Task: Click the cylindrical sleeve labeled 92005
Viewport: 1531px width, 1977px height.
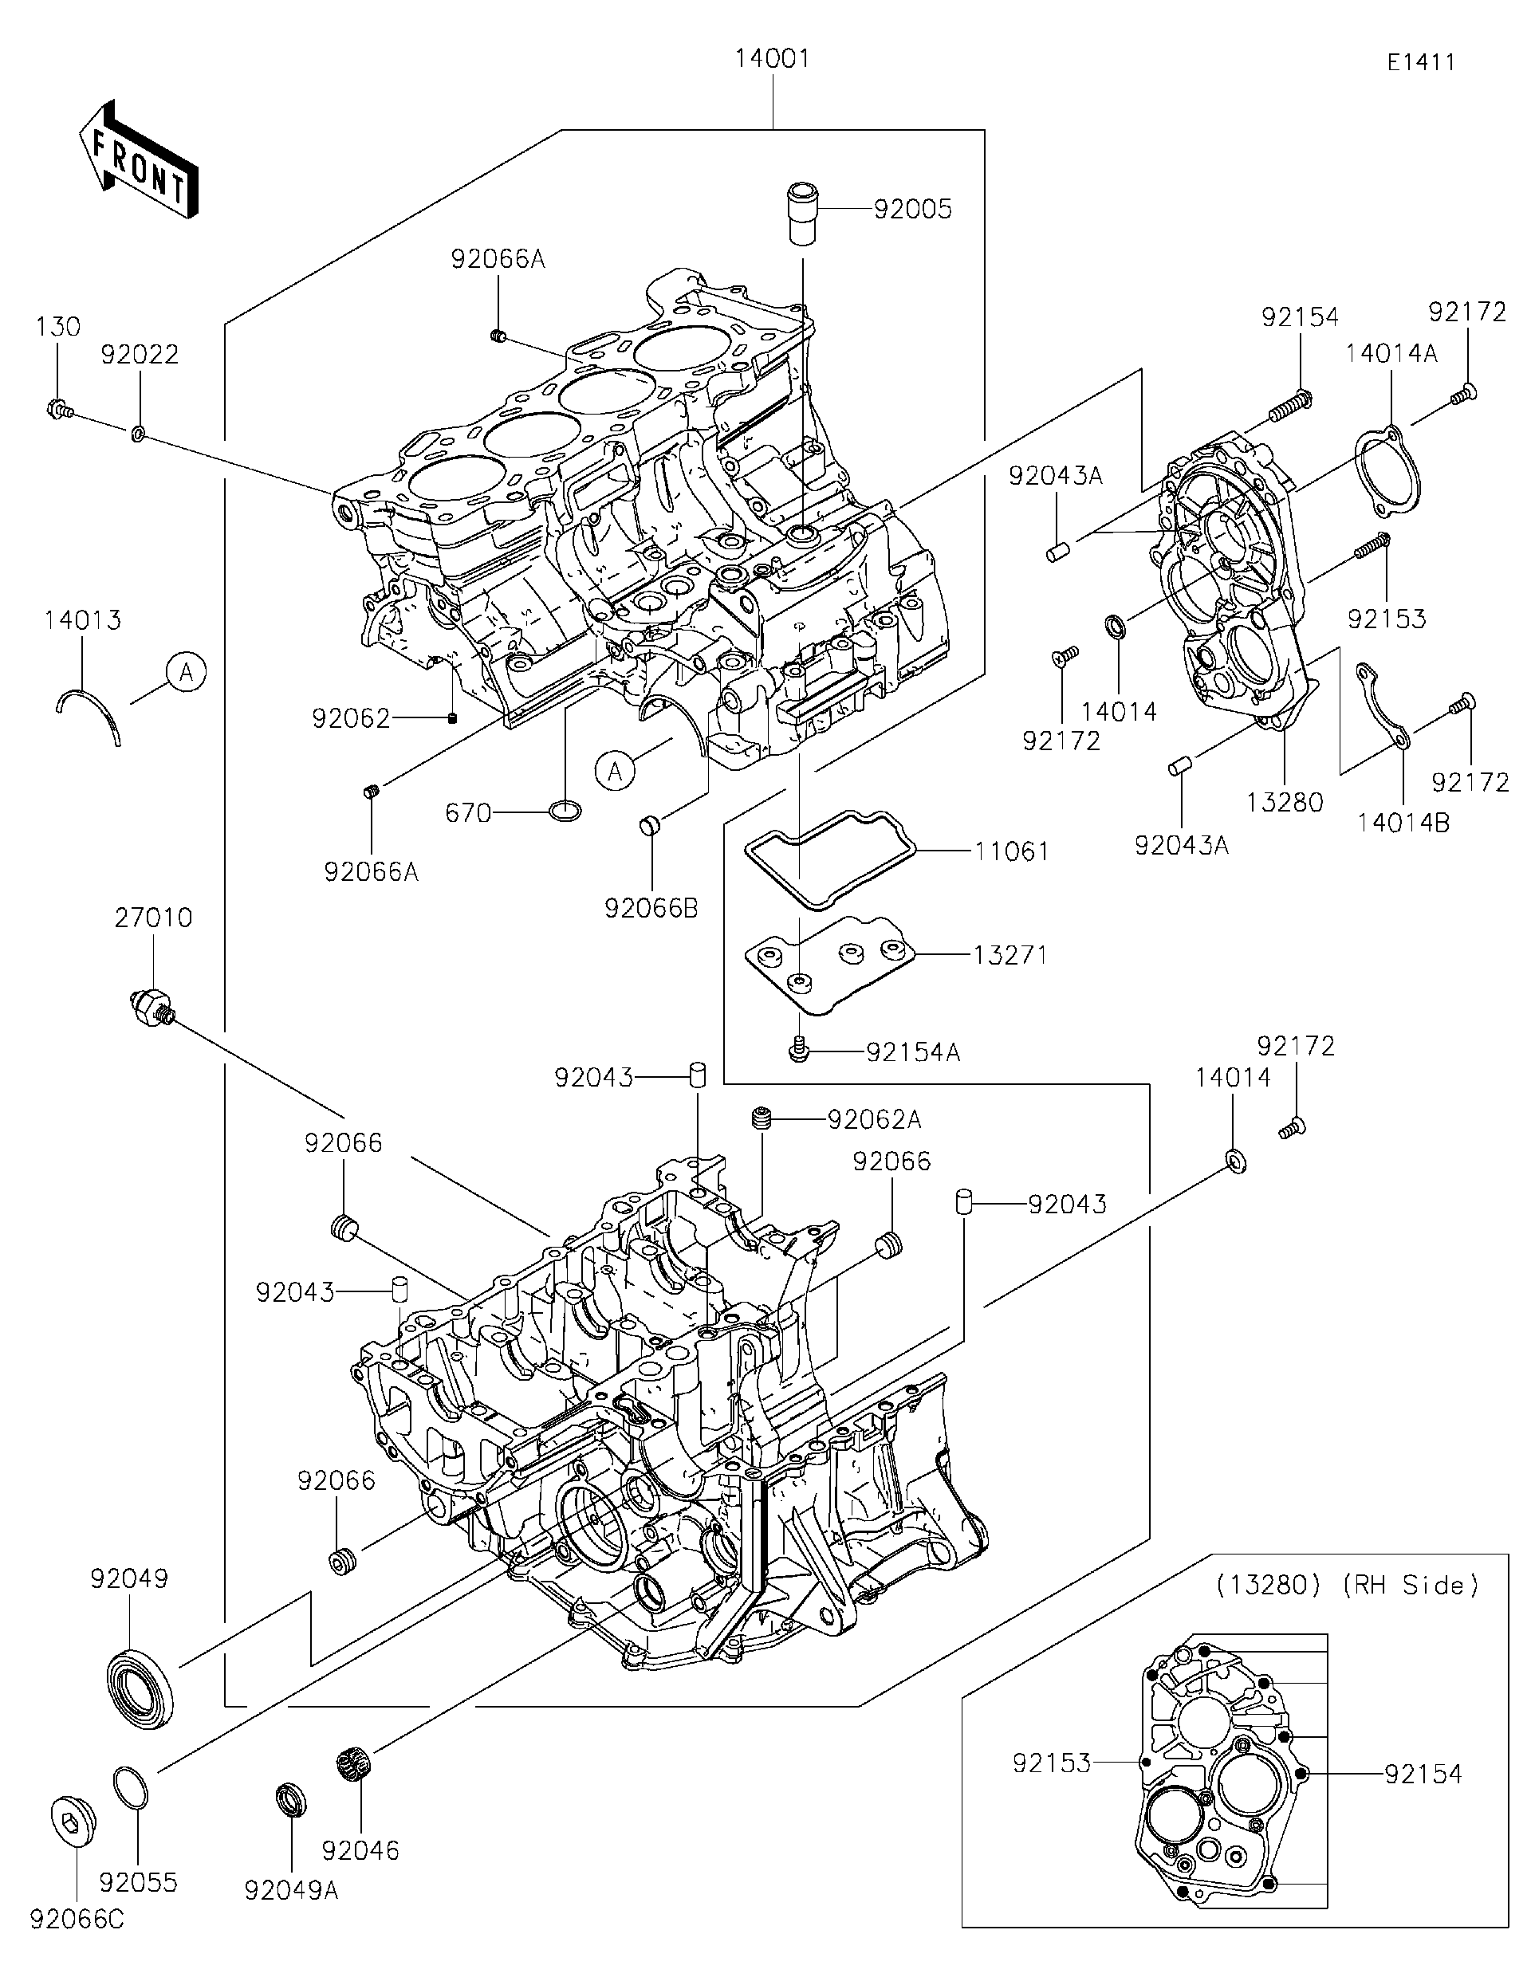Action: pos(802,214)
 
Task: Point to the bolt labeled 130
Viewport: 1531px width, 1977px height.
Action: pos(58,410)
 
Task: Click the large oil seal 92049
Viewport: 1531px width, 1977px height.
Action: pos(141,1690)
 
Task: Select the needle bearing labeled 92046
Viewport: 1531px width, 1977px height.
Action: pos(355,1764)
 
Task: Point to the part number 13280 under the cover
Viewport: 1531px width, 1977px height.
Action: pos(1285,802)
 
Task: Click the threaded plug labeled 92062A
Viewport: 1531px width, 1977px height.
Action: pos(765,1120)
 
